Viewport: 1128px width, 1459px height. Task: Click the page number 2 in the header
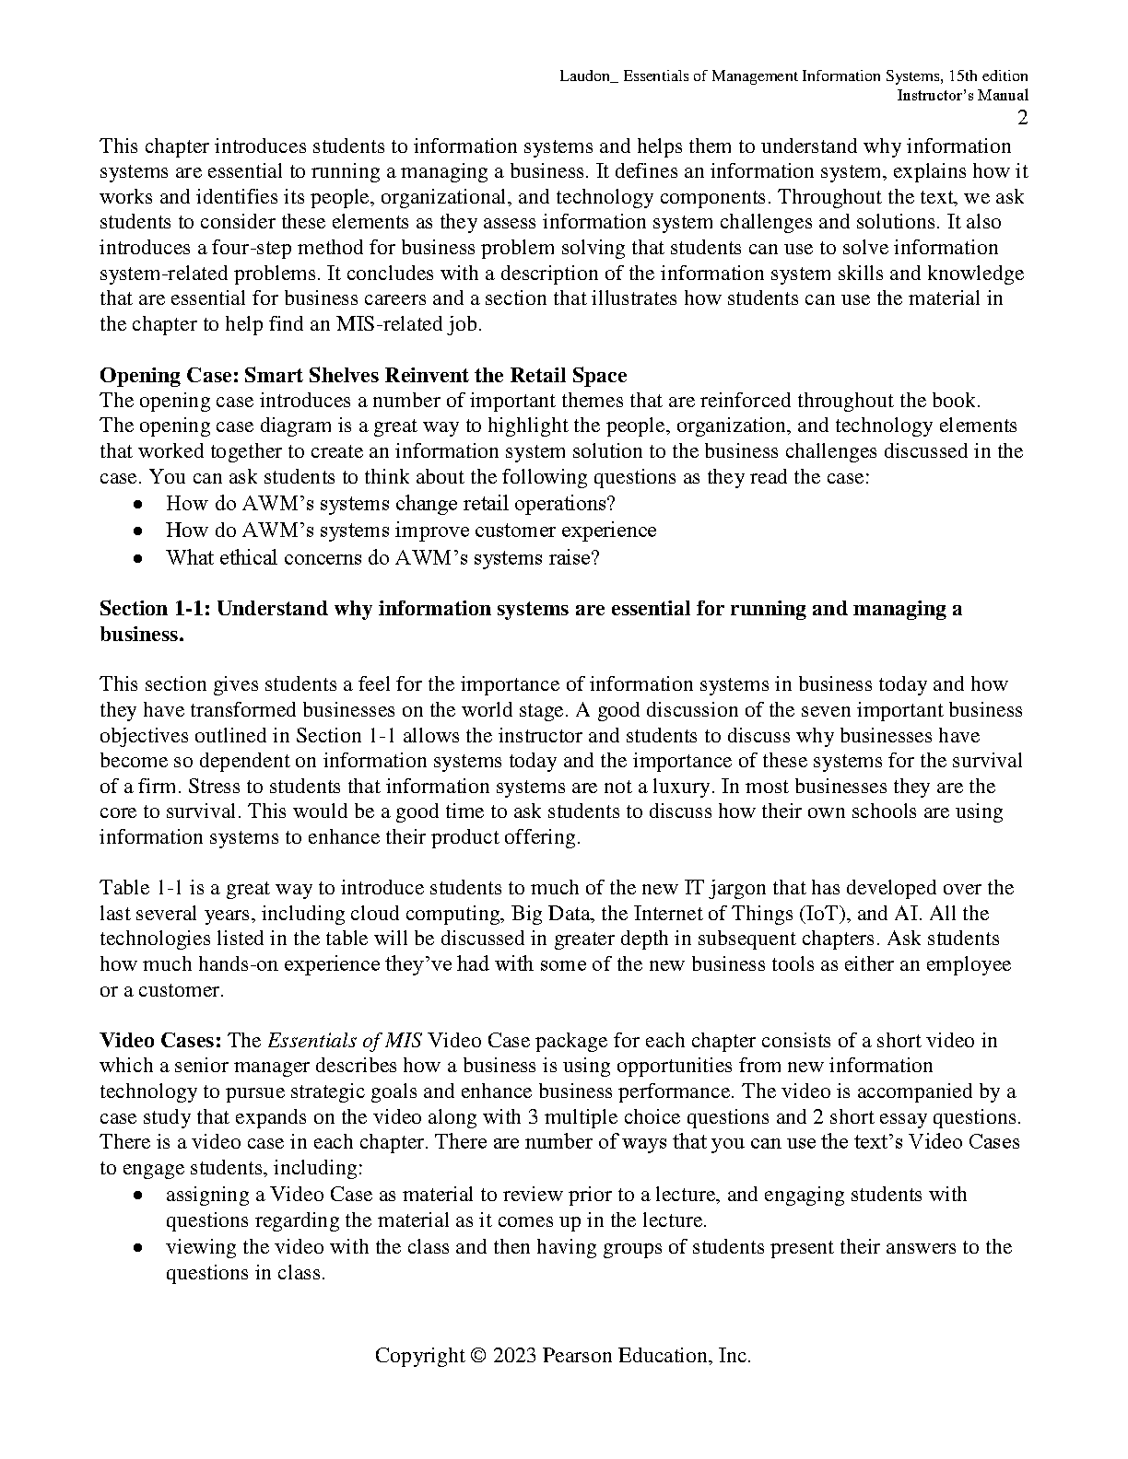coord(1022,118)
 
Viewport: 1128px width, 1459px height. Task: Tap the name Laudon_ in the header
coord(590,76)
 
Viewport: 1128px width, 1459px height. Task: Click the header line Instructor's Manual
coord(963,96)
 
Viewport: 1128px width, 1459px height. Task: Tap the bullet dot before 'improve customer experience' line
coord(137,531)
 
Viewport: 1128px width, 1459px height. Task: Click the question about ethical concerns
coord(382,558)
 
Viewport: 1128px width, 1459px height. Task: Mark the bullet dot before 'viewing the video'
coord(137,1248)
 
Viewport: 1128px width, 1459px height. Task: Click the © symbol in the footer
coord(477,1356)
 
